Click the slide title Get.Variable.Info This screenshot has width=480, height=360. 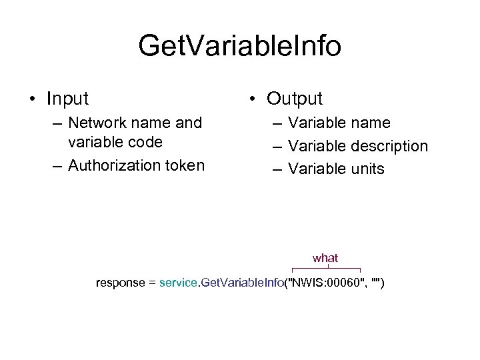click(x=240, y=47)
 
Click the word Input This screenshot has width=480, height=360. click(x=67, y=99)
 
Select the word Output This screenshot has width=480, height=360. click(x=295, y=99)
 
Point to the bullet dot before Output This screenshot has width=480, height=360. click(x=253, y=99)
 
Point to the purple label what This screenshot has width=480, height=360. click(x=325, y=257)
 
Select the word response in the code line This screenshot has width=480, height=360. click(x=120, y=283)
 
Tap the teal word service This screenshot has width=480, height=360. click(x=178, y=283)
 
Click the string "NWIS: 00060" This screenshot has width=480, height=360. click(x=326, y=283)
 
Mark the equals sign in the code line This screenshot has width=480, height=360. click(x=151, y=283)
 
